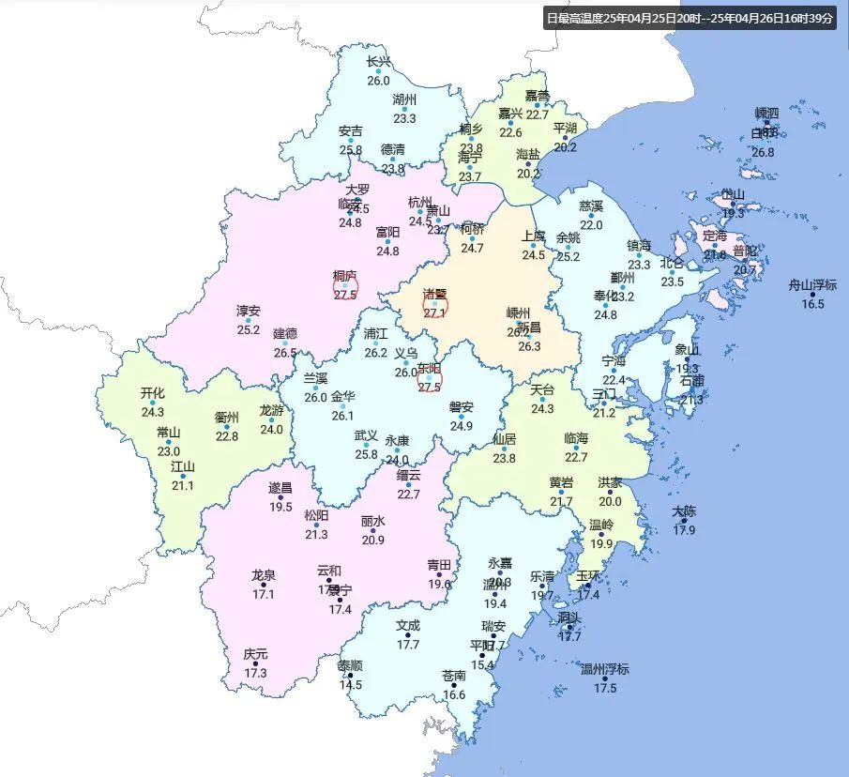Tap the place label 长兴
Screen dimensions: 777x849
378,63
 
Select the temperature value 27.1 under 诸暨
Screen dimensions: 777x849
434,312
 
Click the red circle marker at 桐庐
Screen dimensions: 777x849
345,288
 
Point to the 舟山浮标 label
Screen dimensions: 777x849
812,285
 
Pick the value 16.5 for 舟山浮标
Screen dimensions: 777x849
812,303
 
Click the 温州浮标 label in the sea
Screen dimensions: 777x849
605,670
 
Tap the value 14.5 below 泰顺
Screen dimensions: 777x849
351,685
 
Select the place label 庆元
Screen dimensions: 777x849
255,654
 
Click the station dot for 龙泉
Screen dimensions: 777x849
263,585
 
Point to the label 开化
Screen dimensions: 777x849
153,393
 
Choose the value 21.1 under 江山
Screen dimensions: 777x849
182,485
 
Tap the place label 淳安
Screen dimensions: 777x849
249,311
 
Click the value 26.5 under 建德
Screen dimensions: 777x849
285,353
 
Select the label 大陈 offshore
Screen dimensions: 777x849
684,511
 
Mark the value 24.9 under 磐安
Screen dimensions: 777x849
461,426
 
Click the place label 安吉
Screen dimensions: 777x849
351,130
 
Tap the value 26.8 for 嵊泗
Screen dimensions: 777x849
763,152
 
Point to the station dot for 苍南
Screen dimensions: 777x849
454,685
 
